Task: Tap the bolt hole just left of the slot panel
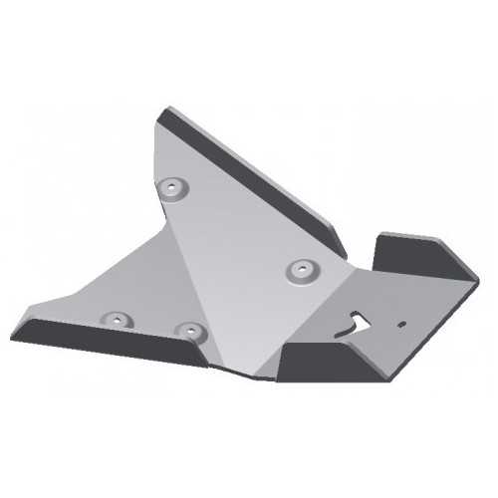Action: pyautogui.click(x=300, y=268)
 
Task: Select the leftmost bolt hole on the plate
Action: pyautogui.click(x=118, y=320)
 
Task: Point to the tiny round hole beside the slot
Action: pyautogui.click(x=399, y=324)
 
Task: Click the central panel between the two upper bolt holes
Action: pyautogui.click(x=239, y=229)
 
